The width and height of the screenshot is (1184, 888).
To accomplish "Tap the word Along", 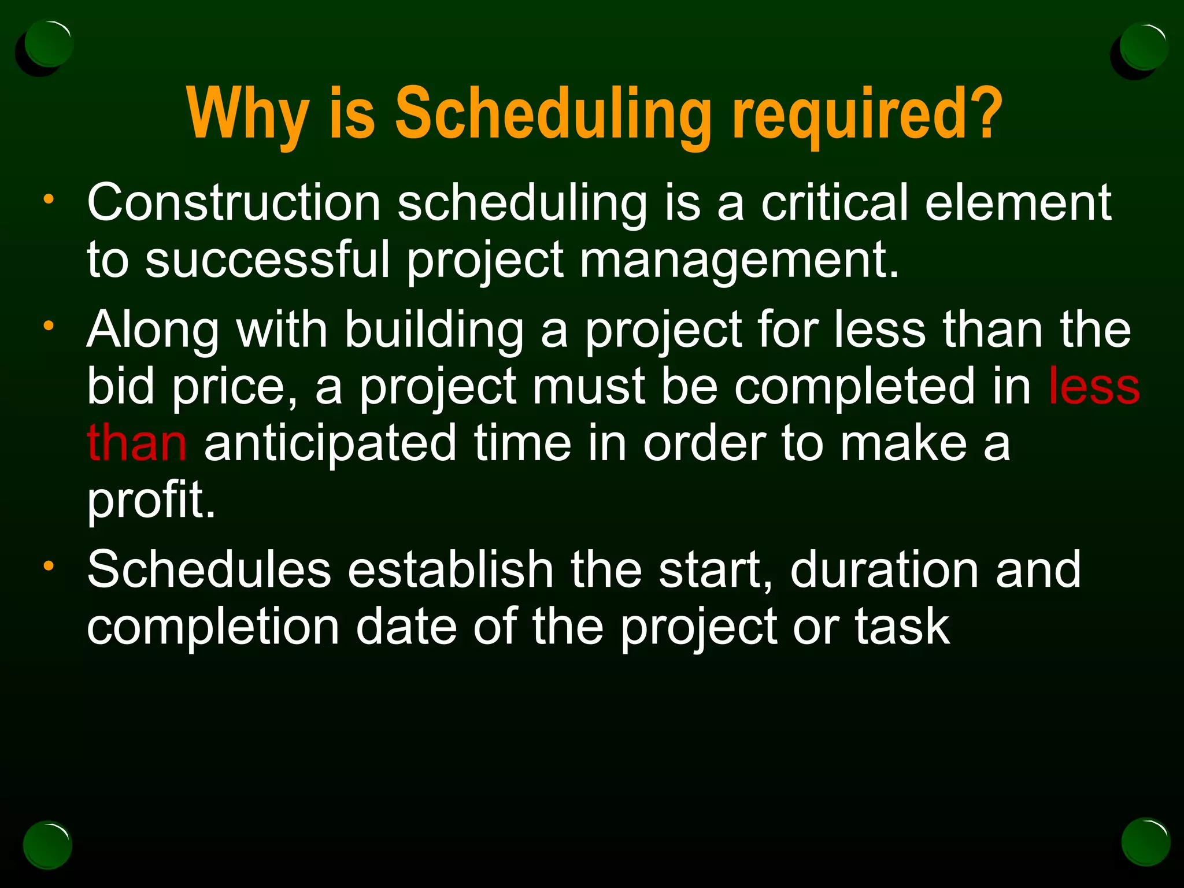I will (153, 330).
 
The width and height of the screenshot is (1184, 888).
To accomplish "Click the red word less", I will (1094, 386).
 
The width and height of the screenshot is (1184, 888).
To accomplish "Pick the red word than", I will (137, 443).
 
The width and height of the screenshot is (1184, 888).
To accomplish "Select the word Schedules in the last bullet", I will (209, 569).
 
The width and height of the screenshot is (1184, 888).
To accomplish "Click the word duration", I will (885, 569).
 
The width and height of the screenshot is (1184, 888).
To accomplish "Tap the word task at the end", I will (902, 627).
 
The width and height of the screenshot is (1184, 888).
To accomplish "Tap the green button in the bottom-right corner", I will (1145, 841).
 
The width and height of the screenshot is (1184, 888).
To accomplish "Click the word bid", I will (121, 386).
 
